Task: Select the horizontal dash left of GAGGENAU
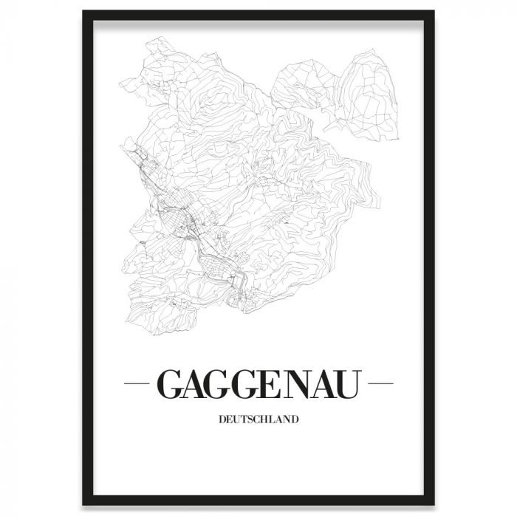point(138,384)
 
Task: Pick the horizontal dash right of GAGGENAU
point(380,384)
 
